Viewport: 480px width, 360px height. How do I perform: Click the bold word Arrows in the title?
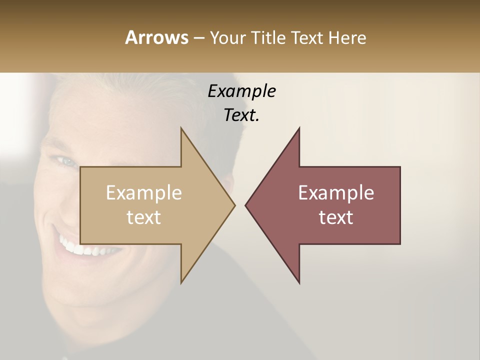[x=156, y=37]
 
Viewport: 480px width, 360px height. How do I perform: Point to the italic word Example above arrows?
[x=241, y=91]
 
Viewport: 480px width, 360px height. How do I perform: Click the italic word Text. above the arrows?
[x=241, y=115]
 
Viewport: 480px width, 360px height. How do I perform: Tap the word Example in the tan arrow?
[x=144, y=192]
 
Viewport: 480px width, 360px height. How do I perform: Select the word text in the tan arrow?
[x=144, y=217]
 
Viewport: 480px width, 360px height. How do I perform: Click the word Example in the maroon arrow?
[x=336, y=192]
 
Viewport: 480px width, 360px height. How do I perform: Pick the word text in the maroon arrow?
[x=336, y=217]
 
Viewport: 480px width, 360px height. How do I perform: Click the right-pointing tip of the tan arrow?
[x=234, y=205]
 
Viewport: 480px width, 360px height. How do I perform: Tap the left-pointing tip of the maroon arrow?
[x=246, y=205]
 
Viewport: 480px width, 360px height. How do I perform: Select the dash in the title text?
[x=198, y=38]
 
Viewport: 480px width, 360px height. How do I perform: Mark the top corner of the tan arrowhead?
[x=181, y=128]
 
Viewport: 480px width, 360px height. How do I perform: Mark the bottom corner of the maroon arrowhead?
[x=299, y=282]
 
